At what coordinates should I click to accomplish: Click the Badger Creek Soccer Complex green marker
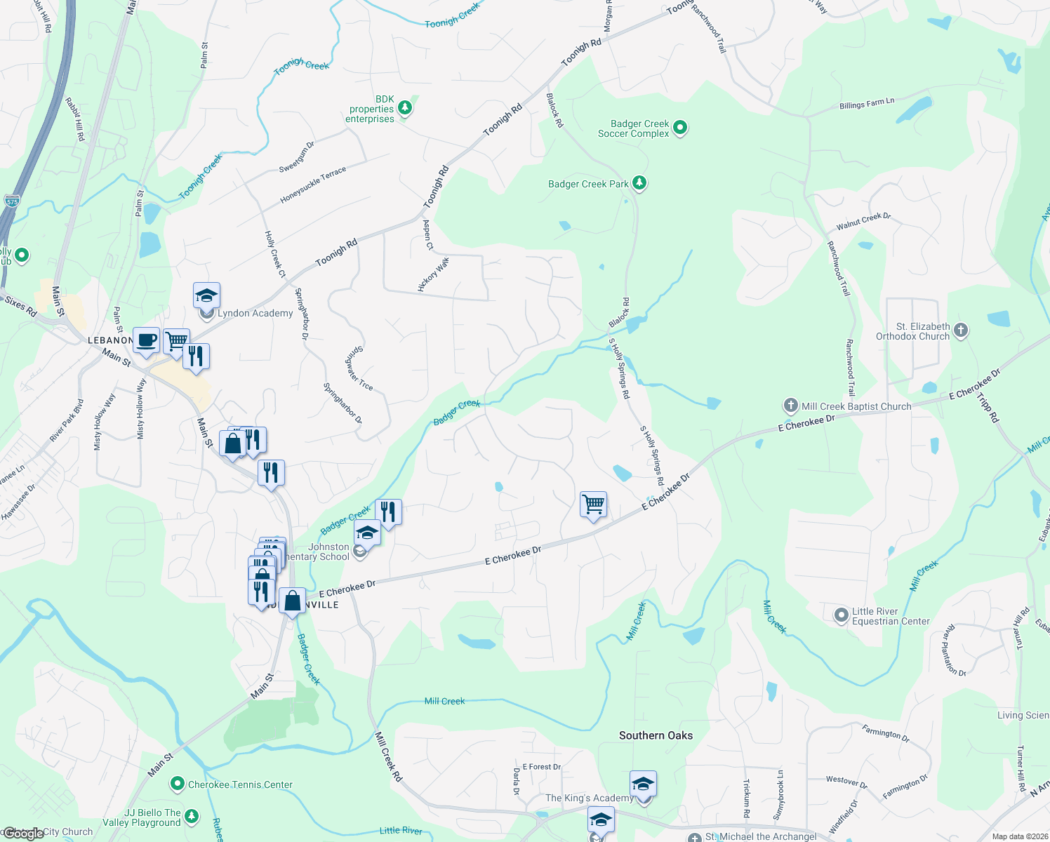click(679, 128)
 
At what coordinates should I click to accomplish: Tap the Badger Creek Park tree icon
click(639, 183)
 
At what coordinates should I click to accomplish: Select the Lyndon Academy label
click(255, 313)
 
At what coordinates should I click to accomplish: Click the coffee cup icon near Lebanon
click(146, 341)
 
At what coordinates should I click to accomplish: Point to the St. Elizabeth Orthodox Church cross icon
click(961, 330)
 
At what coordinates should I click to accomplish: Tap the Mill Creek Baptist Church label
click(856, 406)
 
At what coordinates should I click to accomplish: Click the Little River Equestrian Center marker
click(841, 615)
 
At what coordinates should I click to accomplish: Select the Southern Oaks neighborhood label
click(656, 735)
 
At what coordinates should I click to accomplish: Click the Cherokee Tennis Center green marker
click(177, 784)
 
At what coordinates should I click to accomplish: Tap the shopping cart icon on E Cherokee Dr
click(593, 504)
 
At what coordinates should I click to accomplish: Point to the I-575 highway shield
click(12, 200)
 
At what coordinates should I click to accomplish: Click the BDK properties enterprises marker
click(404, 108)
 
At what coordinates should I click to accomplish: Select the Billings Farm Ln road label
click(867, 104)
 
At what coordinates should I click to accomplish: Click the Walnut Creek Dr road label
click(863, 221)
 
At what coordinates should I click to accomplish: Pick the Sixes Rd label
click(20, 306)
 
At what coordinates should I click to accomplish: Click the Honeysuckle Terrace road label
click(313, 185)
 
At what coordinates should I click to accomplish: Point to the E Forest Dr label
click(542, 767)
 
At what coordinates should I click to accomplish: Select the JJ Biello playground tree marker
click(191, 817)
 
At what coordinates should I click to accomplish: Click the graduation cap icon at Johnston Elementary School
click(367, 533)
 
